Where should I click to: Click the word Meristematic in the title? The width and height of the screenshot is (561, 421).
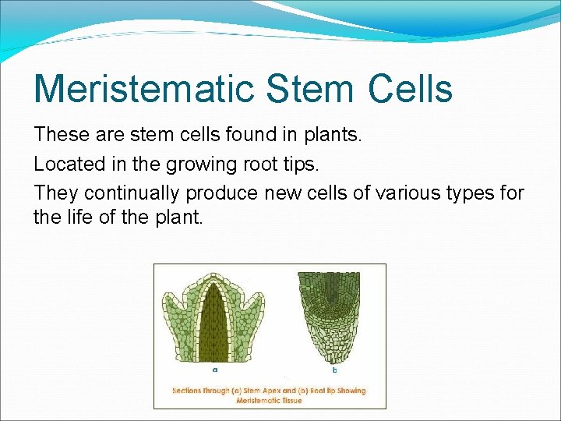pyautogui.click(x=144, y=88)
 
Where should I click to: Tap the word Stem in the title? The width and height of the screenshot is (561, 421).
pyautogui.click(x=312, y=88)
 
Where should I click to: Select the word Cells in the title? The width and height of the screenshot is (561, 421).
pyautogui.click(x=411, y=88)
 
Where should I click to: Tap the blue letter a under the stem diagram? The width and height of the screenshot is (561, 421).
pyautogui.click(x=214, y=369)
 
